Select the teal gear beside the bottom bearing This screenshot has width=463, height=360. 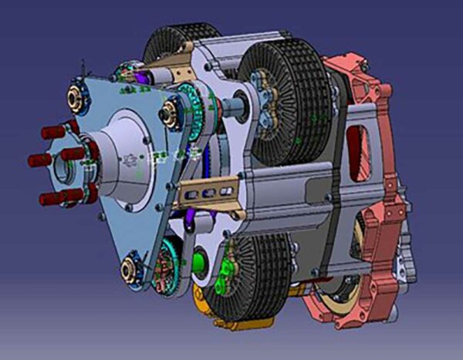coord(164,266)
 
